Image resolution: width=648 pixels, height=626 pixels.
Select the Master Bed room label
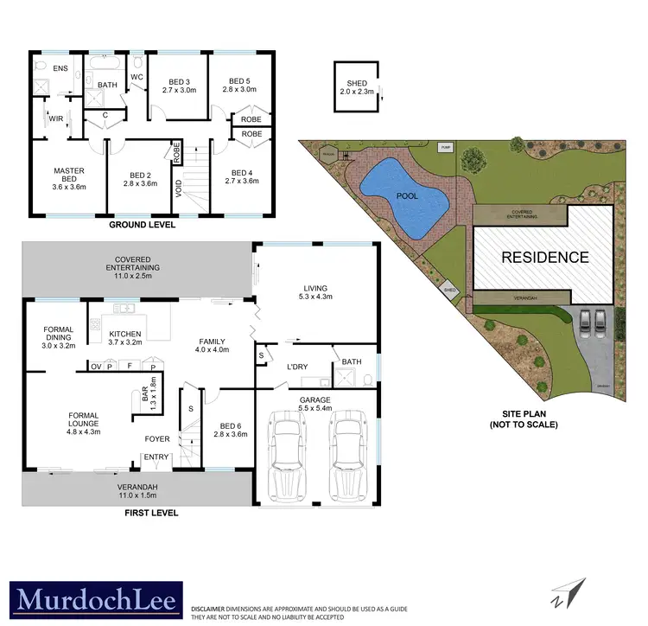tap(68, 176)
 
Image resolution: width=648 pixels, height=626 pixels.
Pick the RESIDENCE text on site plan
tap(545, 257)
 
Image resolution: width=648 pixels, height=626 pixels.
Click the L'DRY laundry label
tap(298, 367)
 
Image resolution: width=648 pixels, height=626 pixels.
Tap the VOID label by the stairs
tap(178, 188)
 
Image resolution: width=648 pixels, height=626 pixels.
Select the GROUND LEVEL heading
tap(142, 224)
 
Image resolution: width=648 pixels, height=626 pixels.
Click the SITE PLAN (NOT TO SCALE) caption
tap(524, 420)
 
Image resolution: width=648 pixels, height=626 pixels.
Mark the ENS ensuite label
tap(60, 67)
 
